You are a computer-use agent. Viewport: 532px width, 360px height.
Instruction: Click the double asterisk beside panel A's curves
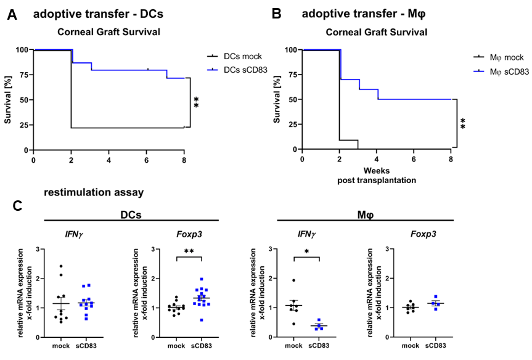coord(197,102)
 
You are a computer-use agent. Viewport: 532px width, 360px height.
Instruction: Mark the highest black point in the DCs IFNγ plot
coord(61,266)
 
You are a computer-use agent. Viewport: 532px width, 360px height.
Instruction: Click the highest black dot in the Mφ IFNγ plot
coord(295,280)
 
